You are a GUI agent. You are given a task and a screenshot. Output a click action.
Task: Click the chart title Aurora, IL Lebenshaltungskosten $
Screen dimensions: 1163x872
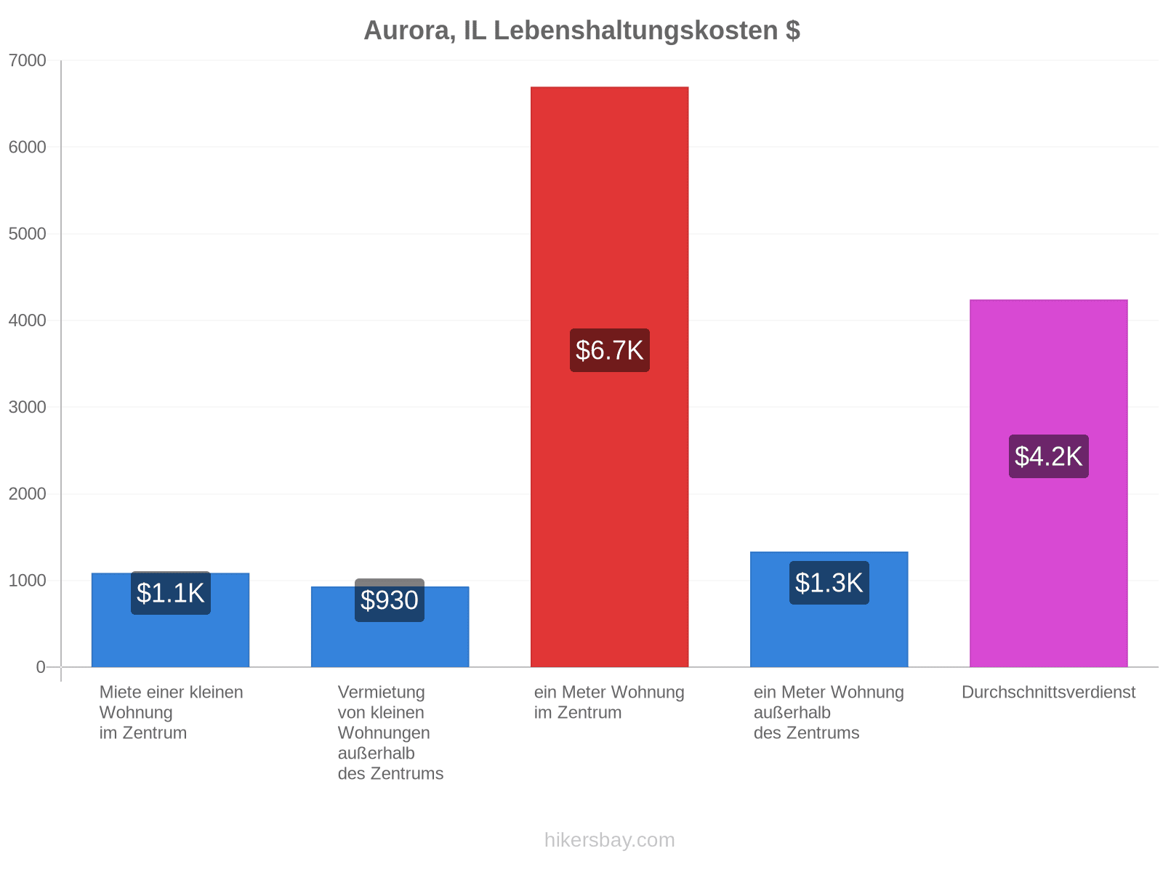click(581, 31)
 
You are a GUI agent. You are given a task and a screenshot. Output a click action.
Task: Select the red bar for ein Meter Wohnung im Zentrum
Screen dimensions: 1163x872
click(609, 376)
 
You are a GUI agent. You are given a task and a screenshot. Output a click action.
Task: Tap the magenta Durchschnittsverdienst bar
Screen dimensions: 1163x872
click(1048, 483)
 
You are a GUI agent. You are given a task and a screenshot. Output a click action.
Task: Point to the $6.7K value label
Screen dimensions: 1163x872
click(609, 350)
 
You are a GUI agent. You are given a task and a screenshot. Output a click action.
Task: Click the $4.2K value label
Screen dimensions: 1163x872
click(1048, 456)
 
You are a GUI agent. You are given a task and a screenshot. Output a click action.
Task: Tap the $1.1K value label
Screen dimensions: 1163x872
click(171, 592)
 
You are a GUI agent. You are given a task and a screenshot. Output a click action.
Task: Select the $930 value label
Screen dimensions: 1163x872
click(390, 600)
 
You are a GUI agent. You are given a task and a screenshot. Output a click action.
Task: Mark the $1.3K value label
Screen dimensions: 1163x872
click(829, 582)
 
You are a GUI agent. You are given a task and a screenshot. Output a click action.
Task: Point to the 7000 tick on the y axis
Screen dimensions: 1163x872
click(27, 60)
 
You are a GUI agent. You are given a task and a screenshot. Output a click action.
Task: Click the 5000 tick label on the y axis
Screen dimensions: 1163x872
click(27, 233)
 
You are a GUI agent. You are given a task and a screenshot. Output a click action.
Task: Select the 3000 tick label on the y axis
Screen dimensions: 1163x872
click(27, 407)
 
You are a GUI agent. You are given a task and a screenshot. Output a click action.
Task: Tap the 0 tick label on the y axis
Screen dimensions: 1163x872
click(40, 666)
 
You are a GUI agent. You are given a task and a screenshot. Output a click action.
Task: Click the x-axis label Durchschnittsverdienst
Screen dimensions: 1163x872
click(1048, 692)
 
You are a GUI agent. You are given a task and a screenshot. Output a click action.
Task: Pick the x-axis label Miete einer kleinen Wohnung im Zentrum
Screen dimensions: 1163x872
click(171, 712)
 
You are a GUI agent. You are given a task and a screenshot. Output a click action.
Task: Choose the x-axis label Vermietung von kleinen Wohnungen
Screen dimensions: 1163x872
click(384, 712)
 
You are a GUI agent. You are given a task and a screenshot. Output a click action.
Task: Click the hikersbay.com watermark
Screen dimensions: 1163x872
click(609, 840)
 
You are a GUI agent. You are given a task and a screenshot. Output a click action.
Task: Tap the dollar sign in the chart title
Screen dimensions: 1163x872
click(792, 31)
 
